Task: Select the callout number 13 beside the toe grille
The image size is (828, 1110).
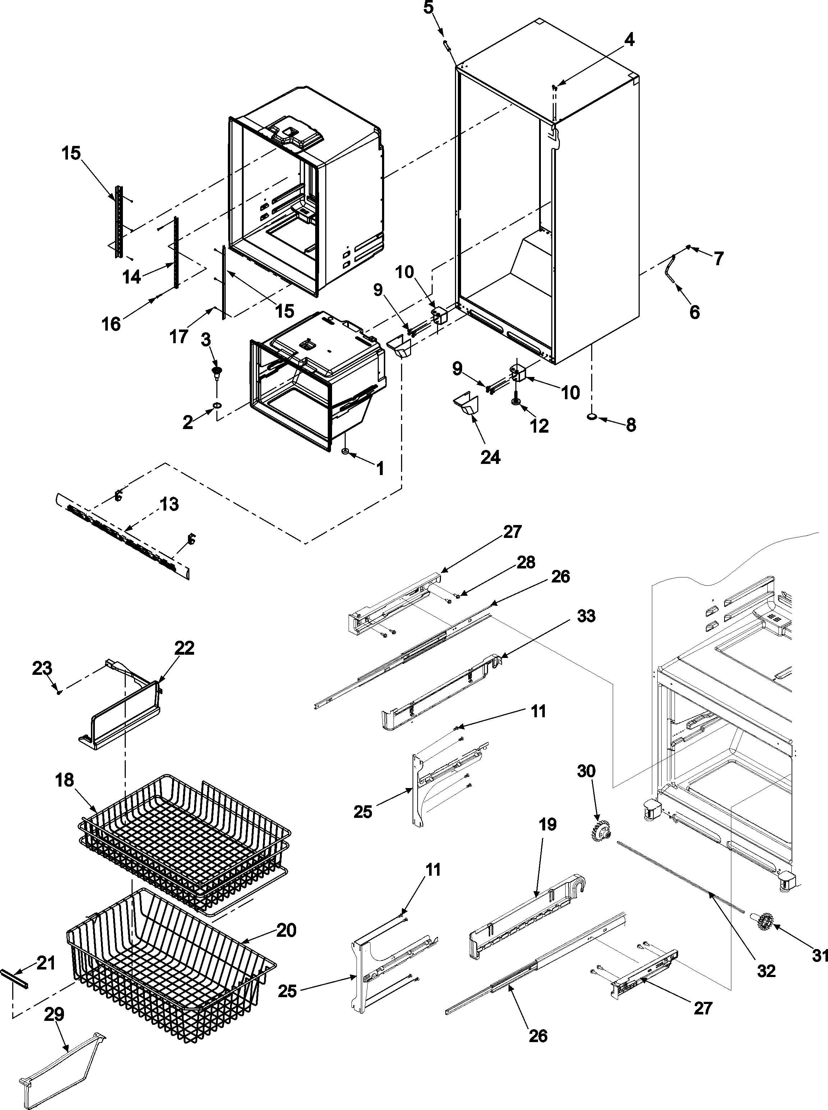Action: (x=169, y=504)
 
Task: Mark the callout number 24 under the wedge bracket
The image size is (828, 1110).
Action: (x=490, y=457)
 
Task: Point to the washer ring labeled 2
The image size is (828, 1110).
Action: (x=217, y=404)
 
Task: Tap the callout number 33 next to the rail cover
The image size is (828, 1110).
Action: (x=586, y=616)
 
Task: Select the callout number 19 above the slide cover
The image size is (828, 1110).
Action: (x=547, y=824)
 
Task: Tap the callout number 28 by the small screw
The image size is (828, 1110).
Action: (x=526, y=563)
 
